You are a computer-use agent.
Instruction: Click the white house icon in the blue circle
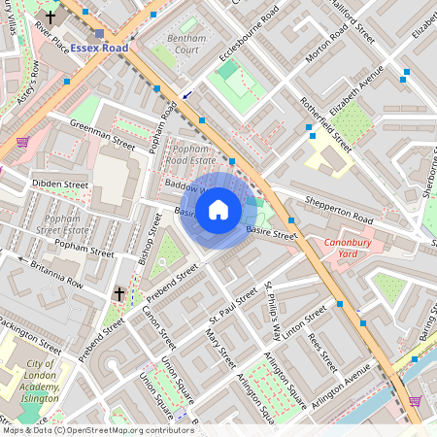[x=218, y=209]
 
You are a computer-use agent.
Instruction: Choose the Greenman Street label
[x=103, y=133]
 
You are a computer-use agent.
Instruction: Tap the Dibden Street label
[x=60, y=184]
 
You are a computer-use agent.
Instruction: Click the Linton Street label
[x=304, y=318]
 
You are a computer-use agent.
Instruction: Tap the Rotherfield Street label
[x=324, y=124]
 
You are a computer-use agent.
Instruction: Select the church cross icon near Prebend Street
[x=119, y=292]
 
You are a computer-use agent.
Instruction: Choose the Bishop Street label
[x=151, y=240]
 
